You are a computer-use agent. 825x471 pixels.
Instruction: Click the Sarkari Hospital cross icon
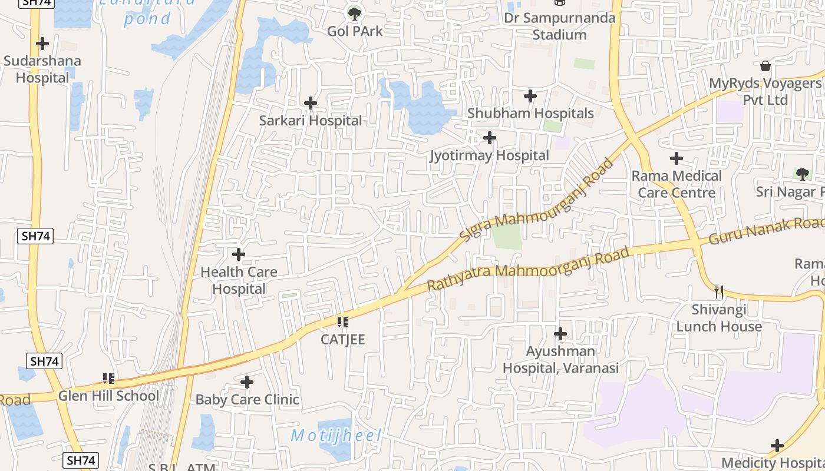click(x=311, y=103)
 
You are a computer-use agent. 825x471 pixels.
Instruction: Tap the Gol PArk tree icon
click(x=354, y=13)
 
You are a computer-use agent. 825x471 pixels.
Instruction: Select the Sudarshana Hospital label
click(x=42, y=69)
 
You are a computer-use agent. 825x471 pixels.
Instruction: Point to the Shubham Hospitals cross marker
click(x=530, y=95)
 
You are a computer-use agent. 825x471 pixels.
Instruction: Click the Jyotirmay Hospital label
click(x=490, y=155)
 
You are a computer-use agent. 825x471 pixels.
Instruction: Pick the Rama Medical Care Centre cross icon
click(x=676, y=158)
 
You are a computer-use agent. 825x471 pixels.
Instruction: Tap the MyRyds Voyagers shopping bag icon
click(x=765, y=65)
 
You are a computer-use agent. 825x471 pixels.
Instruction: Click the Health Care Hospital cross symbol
click(x=239, y=254)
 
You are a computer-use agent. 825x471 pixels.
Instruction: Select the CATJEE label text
click(x=343, y=340)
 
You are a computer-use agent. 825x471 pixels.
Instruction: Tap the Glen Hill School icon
click(x=108, y=378)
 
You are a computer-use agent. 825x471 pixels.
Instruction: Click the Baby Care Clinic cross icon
click(x=247, y=382)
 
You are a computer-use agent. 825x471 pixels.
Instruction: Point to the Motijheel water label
click(x=336, y=436)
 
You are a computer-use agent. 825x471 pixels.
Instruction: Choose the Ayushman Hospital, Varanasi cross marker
click(x=560, y=334)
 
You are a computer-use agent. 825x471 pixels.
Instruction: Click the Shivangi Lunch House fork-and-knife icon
click(x=718, y=291)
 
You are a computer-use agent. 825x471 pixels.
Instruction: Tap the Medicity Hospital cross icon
click(x=777, y=446)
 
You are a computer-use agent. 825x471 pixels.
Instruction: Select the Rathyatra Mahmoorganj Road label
click(x=528, y=269)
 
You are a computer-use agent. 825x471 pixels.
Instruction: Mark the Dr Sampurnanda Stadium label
click(x=559, y=26)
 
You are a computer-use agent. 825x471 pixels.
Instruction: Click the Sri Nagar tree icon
click(x=802, y=174)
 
